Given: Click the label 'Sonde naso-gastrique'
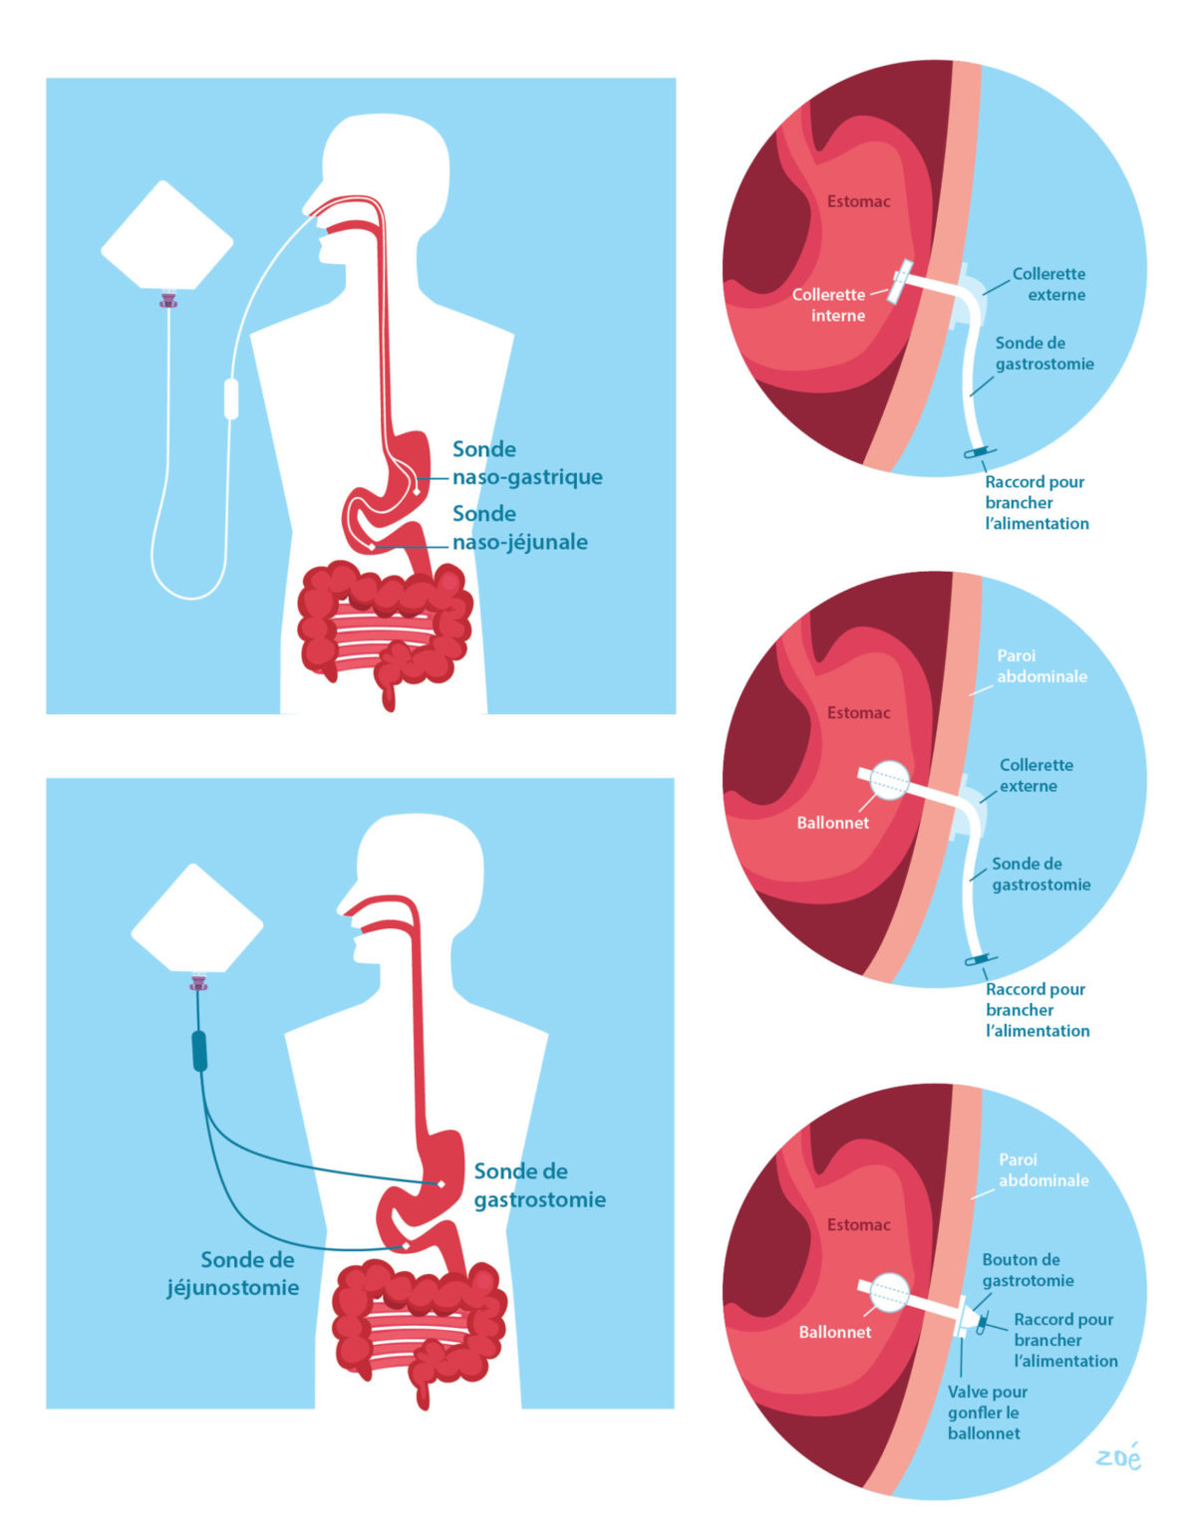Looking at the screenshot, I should pyautogui.click(x=526, y=463).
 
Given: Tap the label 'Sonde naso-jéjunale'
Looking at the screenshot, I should pyautogui.click(x=519, y=528).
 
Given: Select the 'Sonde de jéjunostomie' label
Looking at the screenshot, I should pyautogui.click(x=234, y=1273).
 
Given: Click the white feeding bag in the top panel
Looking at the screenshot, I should pyautogui.click(x=166, y=237).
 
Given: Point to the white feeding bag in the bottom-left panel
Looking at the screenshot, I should pyautogui.click(x=197, y=919).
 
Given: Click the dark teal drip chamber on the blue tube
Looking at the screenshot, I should pyautogui.click(x=199, y=1051).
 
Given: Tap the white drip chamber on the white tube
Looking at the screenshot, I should pyautogui.click(x=231, y=398).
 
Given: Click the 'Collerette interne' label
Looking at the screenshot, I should pyautogui.click(x=828, y=305).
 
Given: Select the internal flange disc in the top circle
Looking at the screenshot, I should pyautogui.click(x=901, y=283).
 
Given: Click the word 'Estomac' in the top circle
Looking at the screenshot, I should pyautogui.click(x=858, y=201).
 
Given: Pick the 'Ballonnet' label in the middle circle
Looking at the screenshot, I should pyautogui.click(x=832, y=823).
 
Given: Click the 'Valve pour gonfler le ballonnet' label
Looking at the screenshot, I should pyautogui.click(x=987, y=1412).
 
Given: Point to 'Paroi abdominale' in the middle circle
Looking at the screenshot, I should pyautogui.click(x=1041, y=665).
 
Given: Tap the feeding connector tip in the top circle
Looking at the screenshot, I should pyautogui.click(x=980, y=453).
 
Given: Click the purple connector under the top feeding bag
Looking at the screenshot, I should pyautogui.click(x=168, y=298).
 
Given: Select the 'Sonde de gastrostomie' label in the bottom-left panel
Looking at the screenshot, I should pyautogui.click(x=539, y=1185).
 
